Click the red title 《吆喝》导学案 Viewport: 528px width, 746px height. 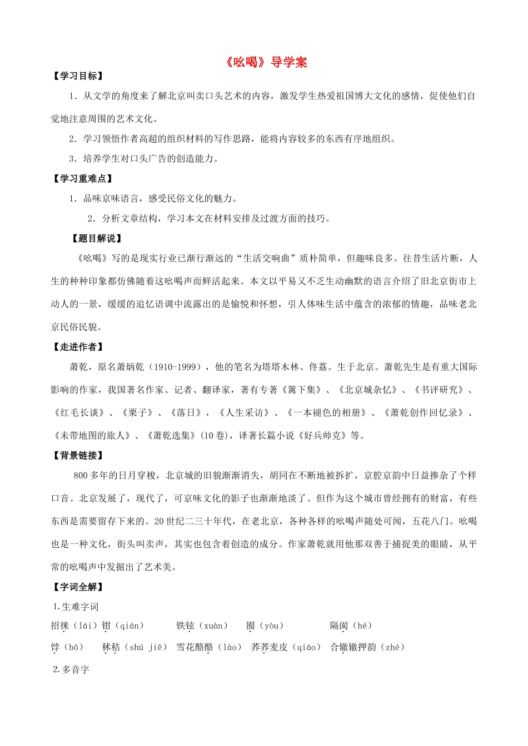click(266, 62)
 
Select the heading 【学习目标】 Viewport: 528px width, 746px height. click(78, 76)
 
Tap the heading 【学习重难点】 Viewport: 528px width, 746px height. click(83, 178)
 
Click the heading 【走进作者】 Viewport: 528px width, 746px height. click(78, 347)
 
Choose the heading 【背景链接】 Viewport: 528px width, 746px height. click(78, 455)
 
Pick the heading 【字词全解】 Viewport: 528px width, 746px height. click(78, 587)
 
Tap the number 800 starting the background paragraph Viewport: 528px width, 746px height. click(81, 476)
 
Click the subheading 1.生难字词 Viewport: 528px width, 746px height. click(76, 607)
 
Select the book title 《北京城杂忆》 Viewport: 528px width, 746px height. click(367, 390)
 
